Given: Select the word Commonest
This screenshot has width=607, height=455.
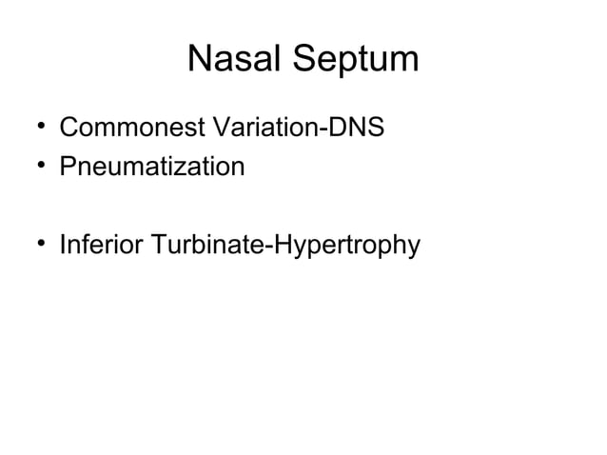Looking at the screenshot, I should pyautogui.click(x=126, y=127).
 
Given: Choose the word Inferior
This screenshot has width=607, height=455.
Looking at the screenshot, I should pyautogui.click(x=98, y=246).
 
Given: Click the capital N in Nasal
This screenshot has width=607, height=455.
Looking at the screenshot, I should pyautogui.click(x=201, y=59).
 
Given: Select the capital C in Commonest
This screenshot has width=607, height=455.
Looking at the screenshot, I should pyautogui.click(x=69, y=127).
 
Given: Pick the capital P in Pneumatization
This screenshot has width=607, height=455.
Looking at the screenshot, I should pyautogui.click(x=68, y=168).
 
